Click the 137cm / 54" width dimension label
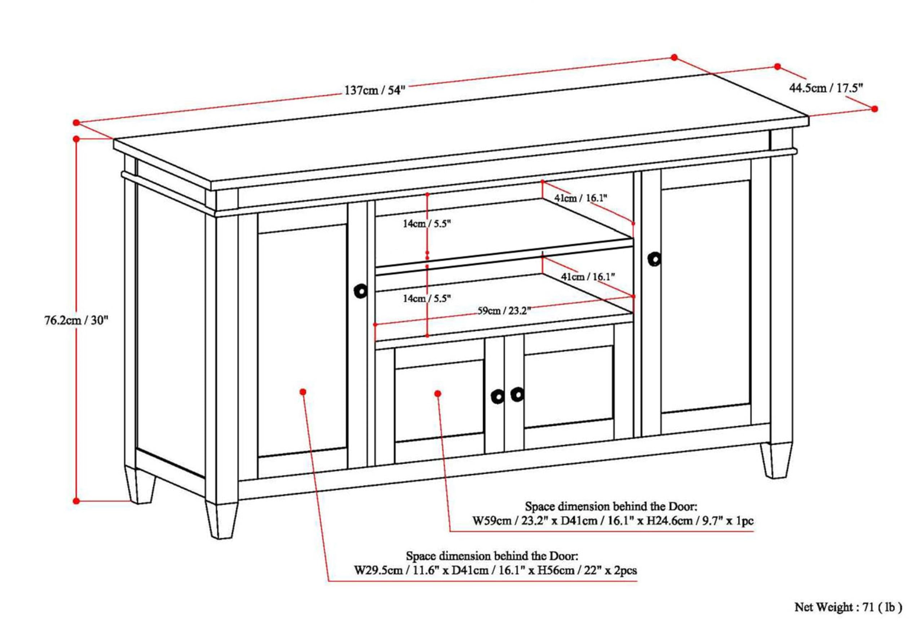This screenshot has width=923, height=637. click(x=375, y=90)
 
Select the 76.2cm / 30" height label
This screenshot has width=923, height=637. click(x=76, y=320)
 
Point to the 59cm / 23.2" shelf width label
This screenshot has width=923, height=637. click(x=504, y=311)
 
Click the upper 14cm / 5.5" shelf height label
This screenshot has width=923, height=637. click(x=427, y=224)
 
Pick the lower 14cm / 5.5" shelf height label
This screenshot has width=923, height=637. click(x=427, y=298)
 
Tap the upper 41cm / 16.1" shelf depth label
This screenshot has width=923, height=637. click(x=580, y=198)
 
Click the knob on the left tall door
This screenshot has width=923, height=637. click(x=361, y=291)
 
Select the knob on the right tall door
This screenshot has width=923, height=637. click(x=654, y=259)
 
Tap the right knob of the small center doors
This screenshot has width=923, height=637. click(x=517, y=395)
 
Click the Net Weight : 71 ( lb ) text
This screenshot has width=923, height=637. click(x=848, y=607)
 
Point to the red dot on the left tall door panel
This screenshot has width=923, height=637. click(x=303, y=392)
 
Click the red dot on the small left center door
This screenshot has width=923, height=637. click(x=438, y=394)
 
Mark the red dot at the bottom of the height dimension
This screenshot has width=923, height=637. click(x=76, y=501)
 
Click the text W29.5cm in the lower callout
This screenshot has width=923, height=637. click(x=379, y=570)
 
